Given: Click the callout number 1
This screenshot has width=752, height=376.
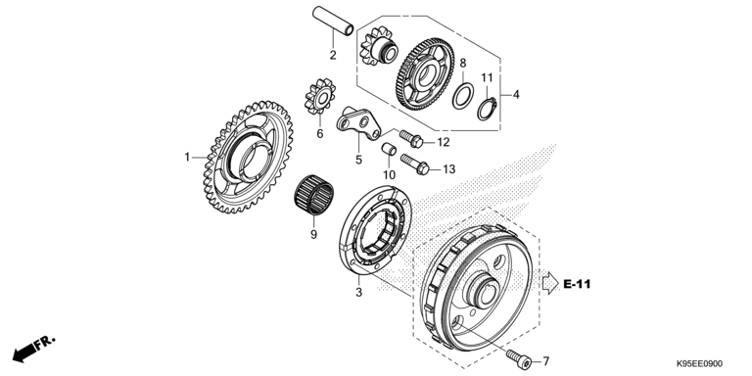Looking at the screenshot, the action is tap(188, 157).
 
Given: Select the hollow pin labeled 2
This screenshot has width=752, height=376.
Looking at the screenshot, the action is tap(333, 21).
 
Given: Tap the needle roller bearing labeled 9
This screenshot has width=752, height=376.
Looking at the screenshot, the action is tap(313, 195).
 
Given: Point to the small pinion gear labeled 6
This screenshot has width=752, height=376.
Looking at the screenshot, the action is tap(320, 97).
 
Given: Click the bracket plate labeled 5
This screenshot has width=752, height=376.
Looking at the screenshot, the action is tap(358, 123).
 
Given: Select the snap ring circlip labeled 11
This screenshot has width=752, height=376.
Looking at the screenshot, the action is tap(488, 109).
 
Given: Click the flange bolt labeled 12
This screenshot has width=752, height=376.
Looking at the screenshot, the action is tap(411, 138).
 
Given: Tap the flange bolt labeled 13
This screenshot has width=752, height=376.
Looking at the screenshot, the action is tap(415, 164).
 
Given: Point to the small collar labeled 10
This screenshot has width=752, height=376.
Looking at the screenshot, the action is tap(389, 149).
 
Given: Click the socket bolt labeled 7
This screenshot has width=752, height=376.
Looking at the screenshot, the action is tap(518, 357).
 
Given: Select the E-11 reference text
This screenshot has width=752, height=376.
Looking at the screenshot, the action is tap(577, 284).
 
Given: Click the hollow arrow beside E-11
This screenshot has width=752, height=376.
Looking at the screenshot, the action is tap(550, 283).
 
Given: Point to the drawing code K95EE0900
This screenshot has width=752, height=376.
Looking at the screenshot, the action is tap(699, 364).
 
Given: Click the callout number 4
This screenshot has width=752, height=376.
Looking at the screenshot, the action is tap(516, 95).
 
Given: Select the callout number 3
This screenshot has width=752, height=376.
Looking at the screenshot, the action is tap(358, 293).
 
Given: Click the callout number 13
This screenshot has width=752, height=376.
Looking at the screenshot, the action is tap(448, 169).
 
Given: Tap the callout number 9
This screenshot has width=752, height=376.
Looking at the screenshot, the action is tap(313, 235).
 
